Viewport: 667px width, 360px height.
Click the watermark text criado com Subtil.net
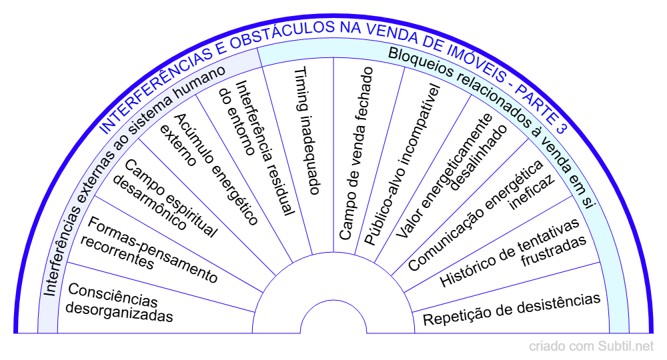(592, 346)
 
